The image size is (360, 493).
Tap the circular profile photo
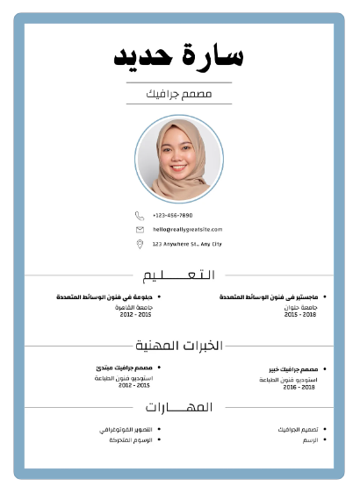[x=179, y=159]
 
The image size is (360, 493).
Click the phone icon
[x=139, y=215]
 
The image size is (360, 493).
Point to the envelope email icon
[x=139, y=229]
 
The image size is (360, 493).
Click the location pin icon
[x=139, y=243]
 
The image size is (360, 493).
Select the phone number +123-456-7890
[x=172, y=215]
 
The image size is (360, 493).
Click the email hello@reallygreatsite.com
[x=187, y=229]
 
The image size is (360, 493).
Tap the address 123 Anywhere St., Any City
[x=187, y=244]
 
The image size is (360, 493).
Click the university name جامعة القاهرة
[x=133, y=307]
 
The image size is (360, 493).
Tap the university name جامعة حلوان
[x=298, y=308]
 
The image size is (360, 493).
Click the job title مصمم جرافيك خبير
[x=293, y=370]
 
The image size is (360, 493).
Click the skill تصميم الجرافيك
[x=296, y=430]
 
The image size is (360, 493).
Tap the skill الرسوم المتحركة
[x=130, y=439]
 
